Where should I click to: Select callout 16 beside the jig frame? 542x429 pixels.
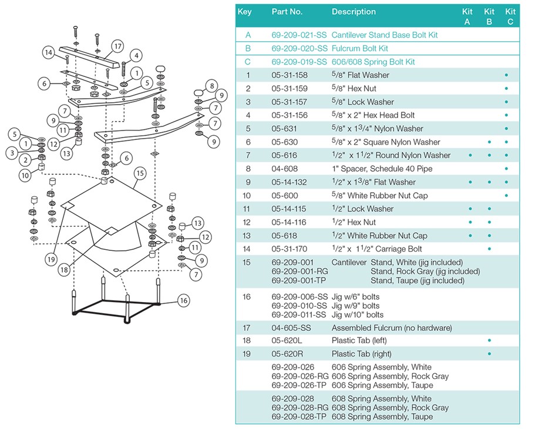pyautogui.click(x=184, y=300)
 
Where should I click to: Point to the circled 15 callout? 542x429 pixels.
pyautogui.click(x=139, y=173)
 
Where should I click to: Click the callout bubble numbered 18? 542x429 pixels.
pyautogui.click(x=63, y=269)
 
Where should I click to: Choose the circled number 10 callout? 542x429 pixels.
pyautogui.click(x=26, y=175)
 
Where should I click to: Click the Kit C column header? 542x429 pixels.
pyautogui.click(x=510, y=16)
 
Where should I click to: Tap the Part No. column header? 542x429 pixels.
pyautogui.click(x=287, y=12)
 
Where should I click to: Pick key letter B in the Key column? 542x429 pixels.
pyautogui.click(x=248, y=48)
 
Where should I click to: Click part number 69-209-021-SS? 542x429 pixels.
pyautogui.click(x=299, y=35)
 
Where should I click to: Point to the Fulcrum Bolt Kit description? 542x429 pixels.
pyautogui.click(x=359, y=48)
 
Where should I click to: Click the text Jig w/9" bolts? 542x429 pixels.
pyautogui.click(x=355, y=306)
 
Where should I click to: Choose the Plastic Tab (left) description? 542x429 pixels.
pyautogui.click(x=359, y=341)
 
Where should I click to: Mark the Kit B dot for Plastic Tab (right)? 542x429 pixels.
pyautogui.click(x=489, y=354)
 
